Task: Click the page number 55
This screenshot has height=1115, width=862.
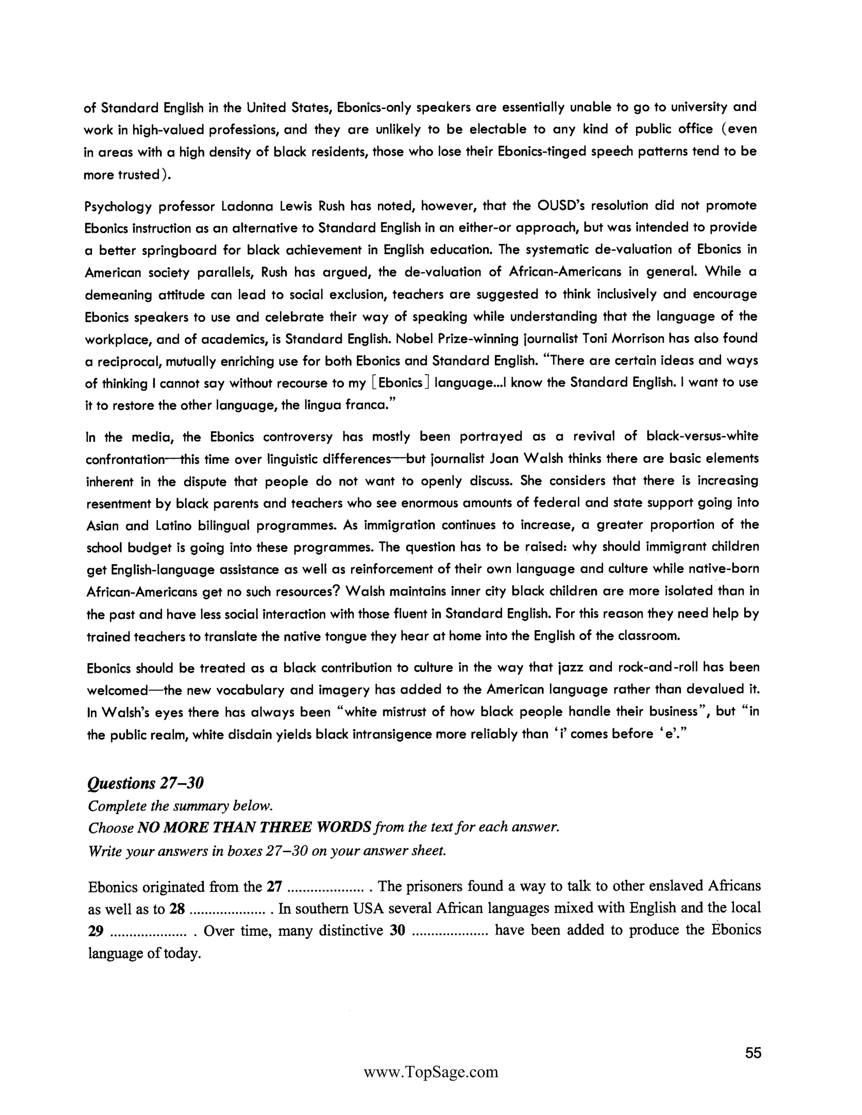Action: tap(753, 1053)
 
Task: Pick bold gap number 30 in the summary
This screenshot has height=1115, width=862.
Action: tap(397, 930)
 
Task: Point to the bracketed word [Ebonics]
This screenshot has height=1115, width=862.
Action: tap(400, 382)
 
